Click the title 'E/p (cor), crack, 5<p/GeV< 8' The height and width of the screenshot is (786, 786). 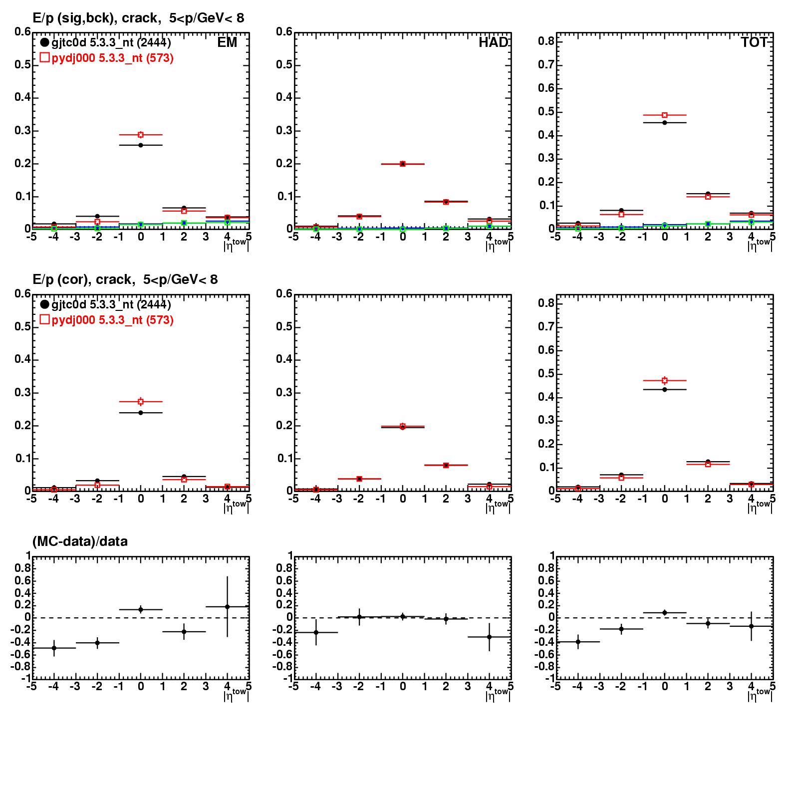coord(125,280)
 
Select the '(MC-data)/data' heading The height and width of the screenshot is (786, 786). coord(80,541)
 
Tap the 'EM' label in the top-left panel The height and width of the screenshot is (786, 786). coord(227,43)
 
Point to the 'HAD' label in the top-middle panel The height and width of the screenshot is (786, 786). coord(493,43)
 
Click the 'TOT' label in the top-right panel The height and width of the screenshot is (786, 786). coord(754,43)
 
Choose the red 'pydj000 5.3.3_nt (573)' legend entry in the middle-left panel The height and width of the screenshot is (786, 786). coord(107,320)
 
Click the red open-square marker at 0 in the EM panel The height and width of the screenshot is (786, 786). coord(141,135)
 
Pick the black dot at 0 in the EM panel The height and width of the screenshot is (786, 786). coord(141,145)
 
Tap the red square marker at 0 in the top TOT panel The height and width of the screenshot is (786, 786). coord(665,115)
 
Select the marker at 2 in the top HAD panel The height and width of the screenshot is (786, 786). coord(446,202)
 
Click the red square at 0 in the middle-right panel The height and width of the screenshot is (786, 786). coord(665,380)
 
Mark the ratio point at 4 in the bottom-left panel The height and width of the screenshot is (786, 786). coord(228,607)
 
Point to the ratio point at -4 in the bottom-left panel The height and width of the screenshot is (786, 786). coord(54,648)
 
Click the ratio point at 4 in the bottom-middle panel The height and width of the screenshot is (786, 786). coord(490,637)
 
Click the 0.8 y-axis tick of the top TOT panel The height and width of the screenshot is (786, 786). coord(546,41)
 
